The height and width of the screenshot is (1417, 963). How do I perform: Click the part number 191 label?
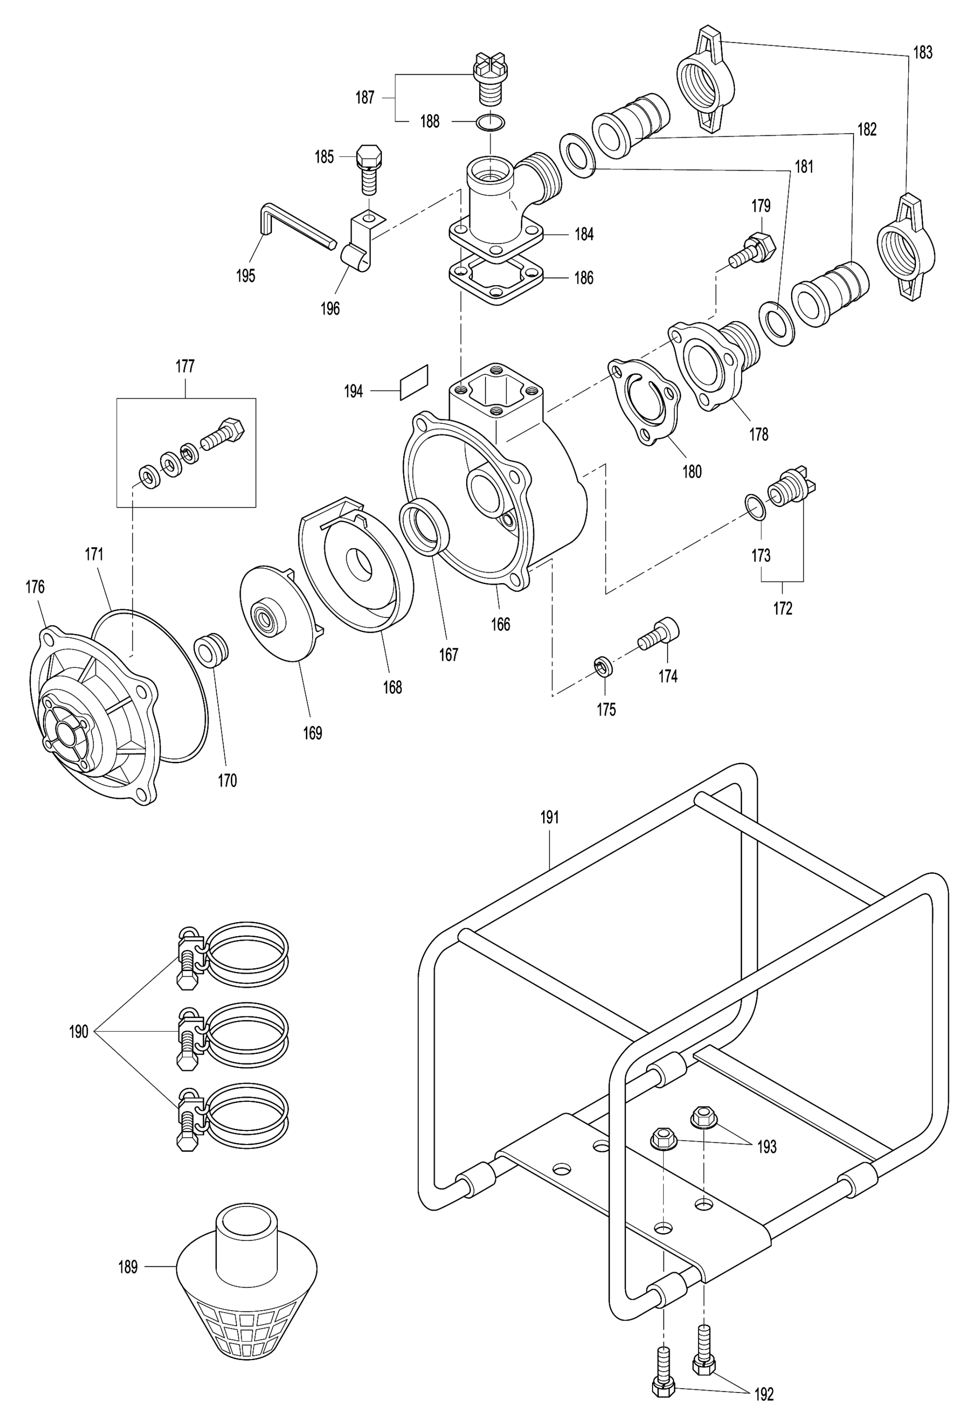[550, 818]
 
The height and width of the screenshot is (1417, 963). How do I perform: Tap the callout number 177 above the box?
[185, 366]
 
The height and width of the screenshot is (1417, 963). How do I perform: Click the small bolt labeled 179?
[752, 249]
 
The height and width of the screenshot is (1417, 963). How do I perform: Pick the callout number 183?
[922, 53]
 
